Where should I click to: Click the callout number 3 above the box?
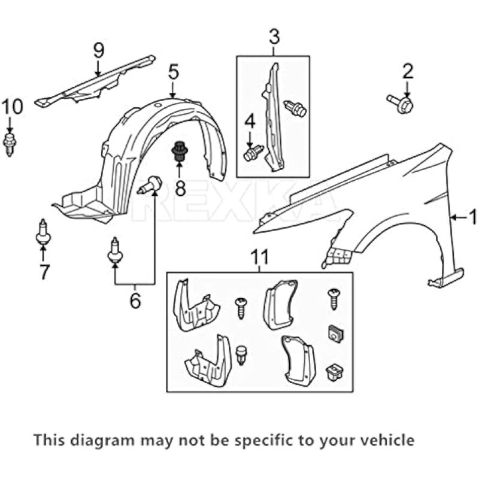[273, 37]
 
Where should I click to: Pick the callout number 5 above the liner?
[173, 73]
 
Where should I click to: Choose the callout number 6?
[135, 299]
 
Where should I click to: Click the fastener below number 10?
[10, 143]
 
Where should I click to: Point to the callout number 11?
[259, 258]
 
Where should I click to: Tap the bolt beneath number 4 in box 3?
[254, 152]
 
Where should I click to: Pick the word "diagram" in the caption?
[105, 441]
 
